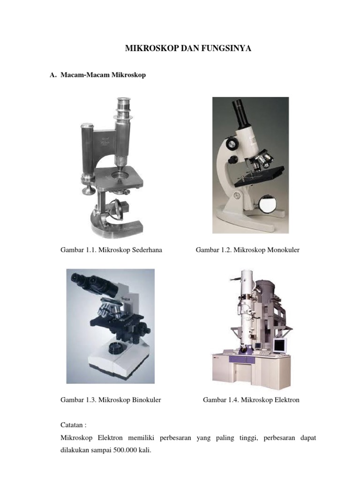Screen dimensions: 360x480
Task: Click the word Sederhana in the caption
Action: pyautogui.click(x=147, y=250)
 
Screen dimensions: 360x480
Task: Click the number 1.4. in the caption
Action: pyautogui.click(x=233, y=400)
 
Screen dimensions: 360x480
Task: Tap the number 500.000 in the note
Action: pyautogui.click(x=125, y=450)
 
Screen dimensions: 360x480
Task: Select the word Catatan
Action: pyautogui.click(x=72, y=425)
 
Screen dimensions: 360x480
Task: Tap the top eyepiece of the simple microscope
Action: pyautogui.click(x=124, y=104)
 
